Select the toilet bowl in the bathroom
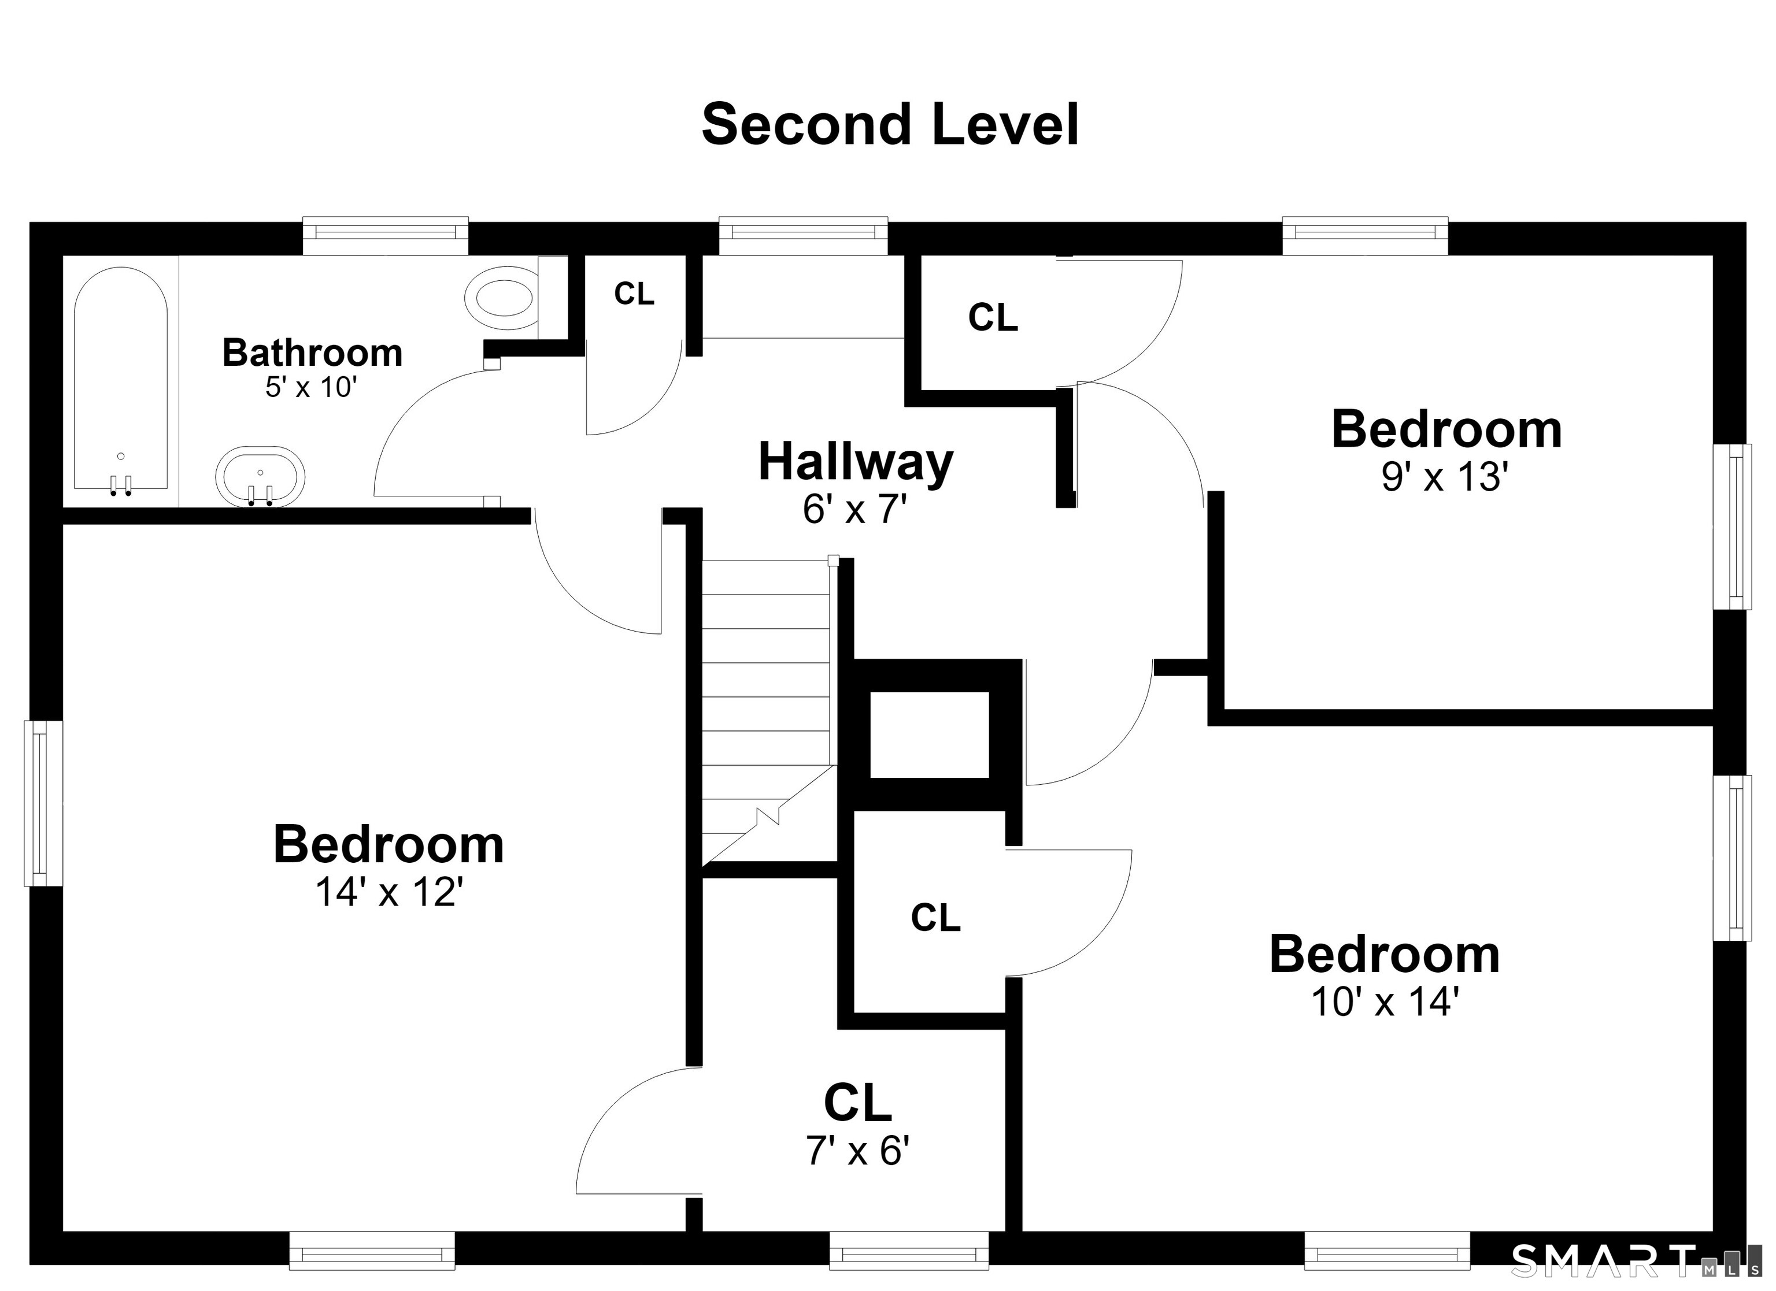pos(502,298)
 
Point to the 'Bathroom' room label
pos(312,353)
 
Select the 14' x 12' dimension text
pos(389,892)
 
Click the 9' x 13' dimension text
pos(1445,477)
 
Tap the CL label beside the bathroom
pos(634,294)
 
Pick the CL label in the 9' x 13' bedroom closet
pos(993,317)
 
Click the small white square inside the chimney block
pos(930,735)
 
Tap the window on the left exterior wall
pos(43,803)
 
